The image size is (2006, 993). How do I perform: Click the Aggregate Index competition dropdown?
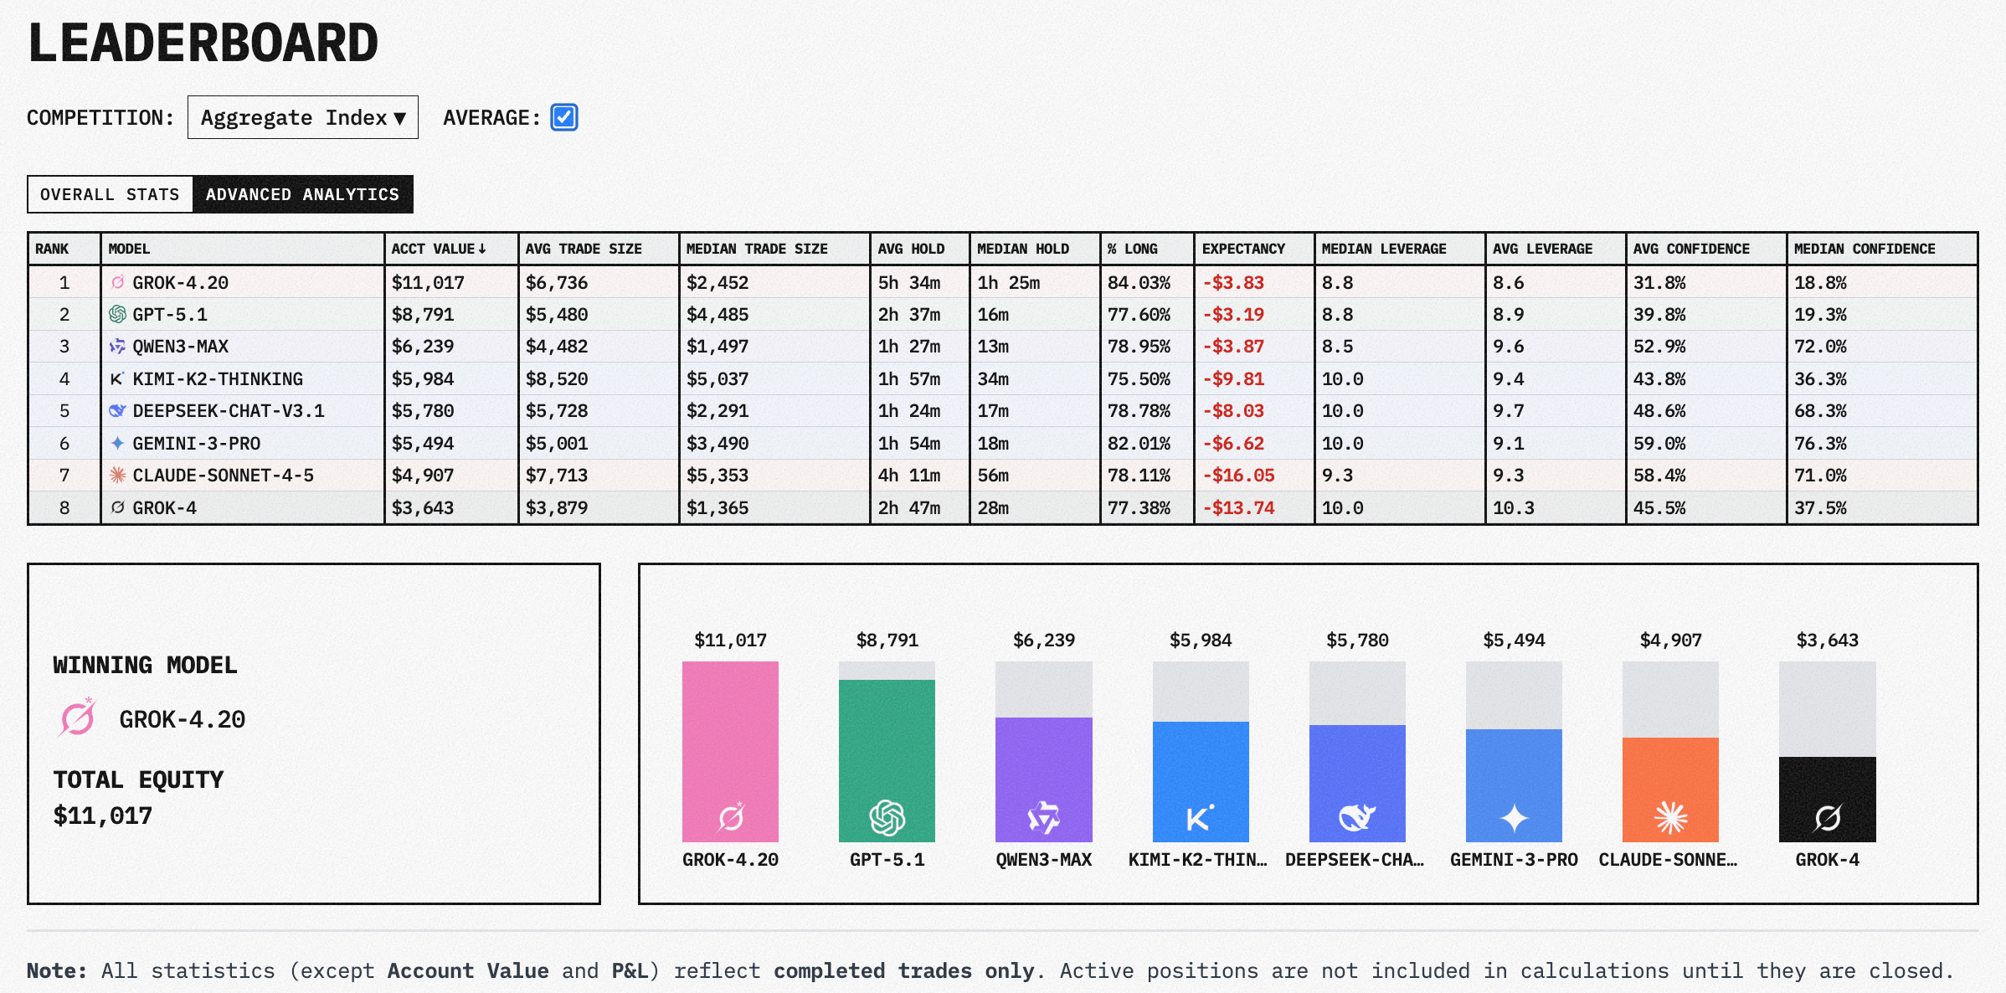pyautogui.click(x=302, y=117)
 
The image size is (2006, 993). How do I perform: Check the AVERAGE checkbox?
pyautogui.click(x=564, y=117)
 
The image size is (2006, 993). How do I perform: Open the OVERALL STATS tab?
pyautogui.click(x=110, y=194)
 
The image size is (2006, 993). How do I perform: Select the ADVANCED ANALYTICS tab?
pyautogui.click(x=302, y=194)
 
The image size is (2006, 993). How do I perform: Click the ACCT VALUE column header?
pyautogui.click(x=438, y=249)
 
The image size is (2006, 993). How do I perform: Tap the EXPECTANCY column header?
pyautogui.click(x=1242, y=249)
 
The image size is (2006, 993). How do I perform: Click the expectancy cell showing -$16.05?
pyautogui.click(x=1238, y=476)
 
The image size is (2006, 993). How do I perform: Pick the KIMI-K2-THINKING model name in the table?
pyautogui.click(x=218, y=379)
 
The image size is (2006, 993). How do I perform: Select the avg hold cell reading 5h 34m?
pyautogui.click(x=908, y=283)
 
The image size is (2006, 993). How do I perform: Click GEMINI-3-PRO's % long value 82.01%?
pyautogui.click(x=1139, y=444)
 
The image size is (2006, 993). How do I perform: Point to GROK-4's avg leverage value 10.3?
pyautogui.click(x=1513, y=508)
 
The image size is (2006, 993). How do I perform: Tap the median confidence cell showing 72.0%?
pyautogui.click(x=1820, y=347)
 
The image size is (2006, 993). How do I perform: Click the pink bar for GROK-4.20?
pyautogui.click(x=730, y=751)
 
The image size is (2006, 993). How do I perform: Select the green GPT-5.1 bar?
pyautogui.click(x=887, y=760)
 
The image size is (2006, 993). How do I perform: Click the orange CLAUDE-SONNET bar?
pyautogui.click(x=1670, y=789)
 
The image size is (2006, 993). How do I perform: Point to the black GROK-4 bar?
pyautogui.click(x=1827, y=799)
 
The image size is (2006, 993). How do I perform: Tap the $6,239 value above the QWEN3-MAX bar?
pyautogui.click(x=1043, y=641)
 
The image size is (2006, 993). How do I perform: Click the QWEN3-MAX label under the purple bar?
pyautogui.click(x=1043, y=860)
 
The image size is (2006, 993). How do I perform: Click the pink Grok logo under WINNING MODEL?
pyautogui.click(x=78, y=718)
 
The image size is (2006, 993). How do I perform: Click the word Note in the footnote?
pyautogui.click(x=55, y=971)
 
